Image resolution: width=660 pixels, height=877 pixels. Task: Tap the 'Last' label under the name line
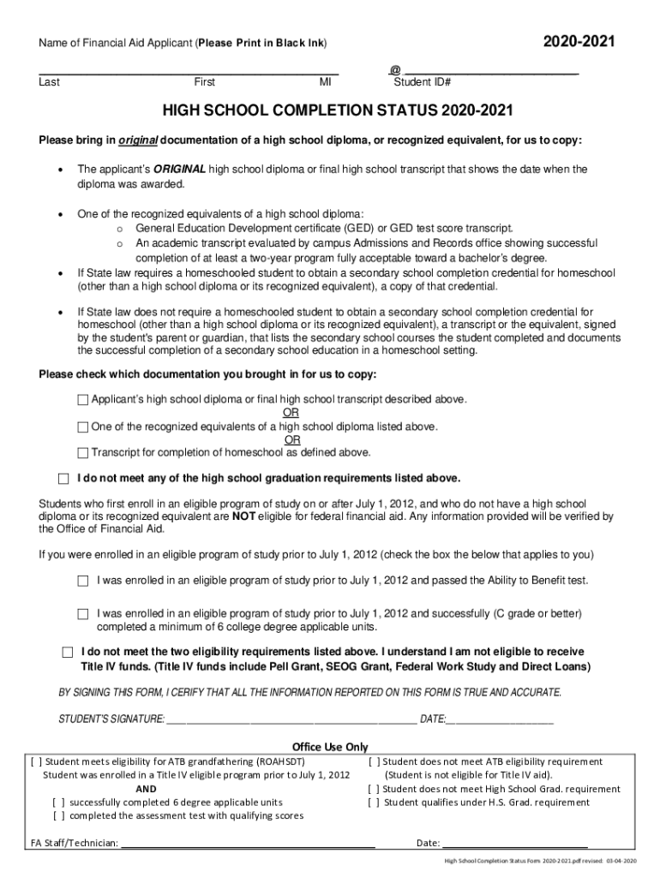coord(49,82)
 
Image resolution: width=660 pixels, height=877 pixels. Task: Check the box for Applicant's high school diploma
coord(83,400)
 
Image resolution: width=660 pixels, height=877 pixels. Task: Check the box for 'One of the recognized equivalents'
coord(83,427)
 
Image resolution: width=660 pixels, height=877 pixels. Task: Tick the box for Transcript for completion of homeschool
coord(83,453)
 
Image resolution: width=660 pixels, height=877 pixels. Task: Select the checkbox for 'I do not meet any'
coord(63,478)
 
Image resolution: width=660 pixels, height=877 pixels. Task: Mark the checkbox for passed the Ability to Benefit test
coord(83,581)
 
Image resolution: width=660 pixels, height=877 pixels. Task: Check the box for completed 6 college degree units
coord(83,614)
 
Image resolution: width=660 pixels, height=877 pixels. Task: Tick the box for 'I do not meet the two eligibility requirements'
coord(68,652)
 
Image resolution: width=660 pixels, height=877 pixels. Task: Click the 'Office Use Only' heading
coord(330,747)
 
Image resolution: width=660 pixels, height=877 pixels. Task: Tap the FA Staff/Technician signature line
coord(249,843)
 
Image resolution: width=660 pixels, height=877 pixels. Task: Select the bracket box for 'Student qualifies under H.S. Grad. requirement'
coord(373,802)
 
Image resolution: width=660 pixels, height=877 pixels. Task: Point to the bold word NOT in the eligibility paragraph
coord(243,516)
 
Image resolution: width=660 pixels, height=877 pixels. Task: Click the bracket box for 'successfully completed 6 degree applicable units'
coord(58,802)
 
